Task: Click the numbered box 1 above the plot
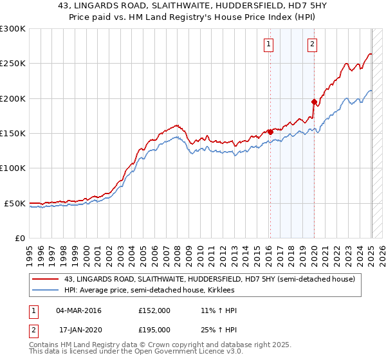pyautogui.click(x=268, y=44)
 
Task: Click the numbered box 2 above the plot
pyautogui.click(x=312, y=44)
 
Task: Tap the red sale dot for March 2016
pyautogui.click(x=270, y=132)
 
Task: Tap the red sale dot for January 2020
pyautogui.click(x=314, y=102)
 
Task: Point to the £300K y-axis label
pyautogui.click(x=13, y=29)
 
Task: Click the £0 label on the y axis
pyautogui.click(x=20, y=238)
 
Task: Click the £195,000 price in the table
pyautogui.click(x=154, y=329)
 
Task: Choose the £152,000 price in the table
pyautogui.click(x=154, y=310)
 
